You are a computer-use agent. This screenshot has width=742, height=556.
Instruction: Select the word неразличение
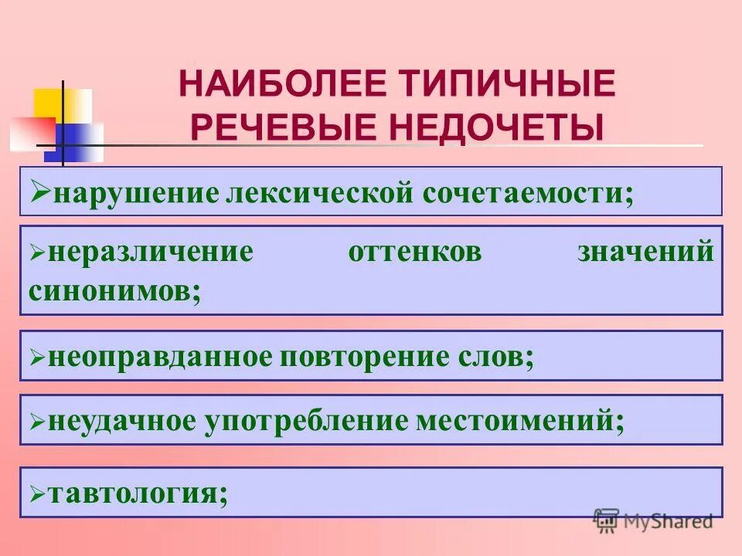point(150,253)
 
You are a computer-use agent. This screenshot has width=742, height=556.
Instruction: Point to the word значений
point(645,253)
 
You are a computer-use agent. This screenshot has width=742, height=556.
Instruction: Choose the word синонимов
point(114,290)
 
